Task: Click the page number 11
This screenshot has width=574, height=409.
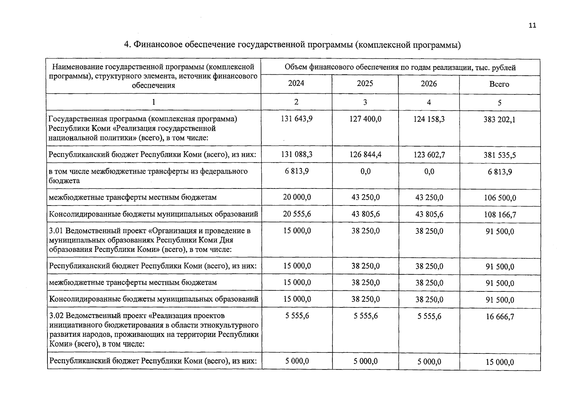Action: point(532,26)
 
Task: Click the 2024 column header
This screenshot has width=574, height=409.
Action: point(296,84)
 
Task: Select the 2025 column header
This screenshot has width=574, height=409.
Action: point(365,84)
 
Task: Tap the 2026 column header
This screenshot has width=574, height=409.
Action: point(429,84)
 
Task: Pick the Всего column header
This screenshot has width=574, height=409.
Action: point(499,84)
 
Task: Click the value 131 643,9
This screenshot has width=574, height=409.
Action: point(297,119)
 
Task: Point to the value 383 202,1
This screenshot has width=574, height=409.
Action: point(499,120)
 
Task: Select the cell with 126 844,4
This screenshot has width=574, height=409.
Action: point(365,154)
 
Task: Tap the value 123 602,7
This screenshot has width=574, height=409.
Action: point(429,155)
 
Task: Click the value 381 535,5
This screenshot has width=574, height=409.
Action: point(500,155)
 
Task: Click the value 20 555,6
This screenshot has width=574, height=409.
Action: point(297,214)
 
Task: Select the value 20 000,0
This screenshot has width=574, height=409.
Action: point(297,197)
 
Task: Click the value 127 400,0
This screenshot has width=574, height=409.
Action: point(365,119)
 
